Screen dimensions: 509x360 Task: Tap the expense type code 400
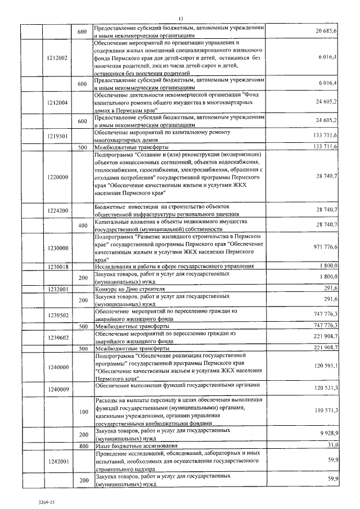tap(83, 226)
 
